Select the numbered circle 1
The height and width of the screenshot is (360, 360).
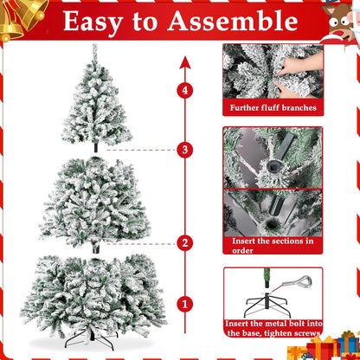tap(183, 304)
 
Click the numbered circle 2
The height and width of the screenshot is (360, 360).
tap(183, 243)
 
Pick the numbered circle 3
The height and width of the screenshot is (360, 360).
tap(183, 150)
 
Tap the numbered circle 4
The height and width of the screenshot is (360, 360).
tap(183, 89)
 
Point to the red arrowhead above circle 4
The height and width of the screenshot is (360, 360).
tap(183, 62)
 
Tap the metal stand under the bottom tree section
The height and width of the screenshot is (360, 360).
tap(93, 341)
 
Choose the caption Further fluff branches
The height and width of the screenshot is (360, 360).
tap(273, 108)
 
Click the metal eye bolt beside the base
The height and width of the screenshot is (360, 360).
tap(299, 282)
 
